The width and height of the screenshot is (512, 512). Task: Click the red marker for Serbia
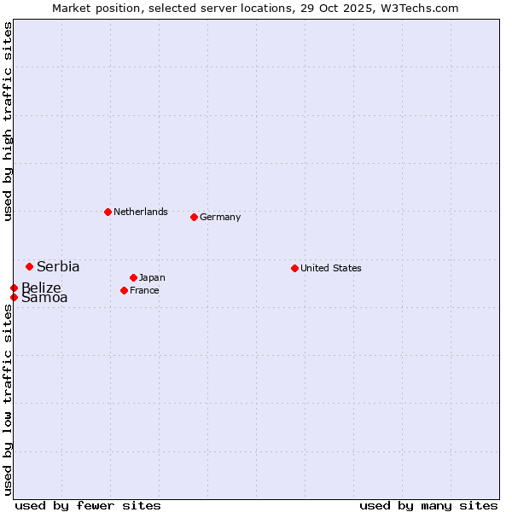click(29, 267)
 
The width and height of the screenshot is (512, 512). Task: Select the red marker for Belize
click(15, 288)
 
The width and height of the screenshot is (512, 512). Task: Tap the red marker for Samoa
click(15, 297)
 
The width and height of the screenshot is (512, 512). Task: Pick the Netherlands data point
click(108, 212)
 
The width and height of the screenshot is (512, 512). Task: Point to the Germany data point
click(194, 217)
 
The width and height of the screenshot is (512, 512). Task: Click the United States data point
click(294, 268)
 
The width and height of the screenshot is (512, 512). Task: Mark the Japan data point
click(133, 277)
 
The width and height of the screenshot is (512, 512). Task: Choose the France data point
click(124, 290)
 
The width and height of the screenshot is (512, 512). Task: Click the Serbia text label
click(58, 267)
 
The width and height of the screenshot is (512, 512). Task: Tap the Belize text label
click(41, 288)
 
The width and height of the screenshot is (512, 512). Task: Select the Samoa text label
click(44, 298)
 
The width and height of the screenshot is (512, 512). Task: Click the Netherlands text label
click(141, 212)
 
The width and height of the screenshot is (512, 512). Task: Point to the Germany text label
click(220, 217)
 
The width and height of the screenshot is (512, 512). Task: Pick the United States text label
click(331, 268)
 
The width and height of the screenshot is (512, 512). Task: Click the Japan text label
click(152, 277)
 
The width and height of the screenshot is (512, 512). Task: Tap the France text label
click(144, 290)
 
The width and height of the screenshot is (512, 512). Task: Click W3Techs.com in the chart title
click(419, 8)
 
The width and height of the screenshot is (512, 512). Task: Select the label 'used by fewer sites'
click(88, 505)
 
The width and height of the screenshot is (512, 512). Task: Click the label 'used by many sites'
click(428, 505)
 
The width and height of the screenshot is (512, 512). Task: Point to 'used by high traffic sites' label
click(8, 121)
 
